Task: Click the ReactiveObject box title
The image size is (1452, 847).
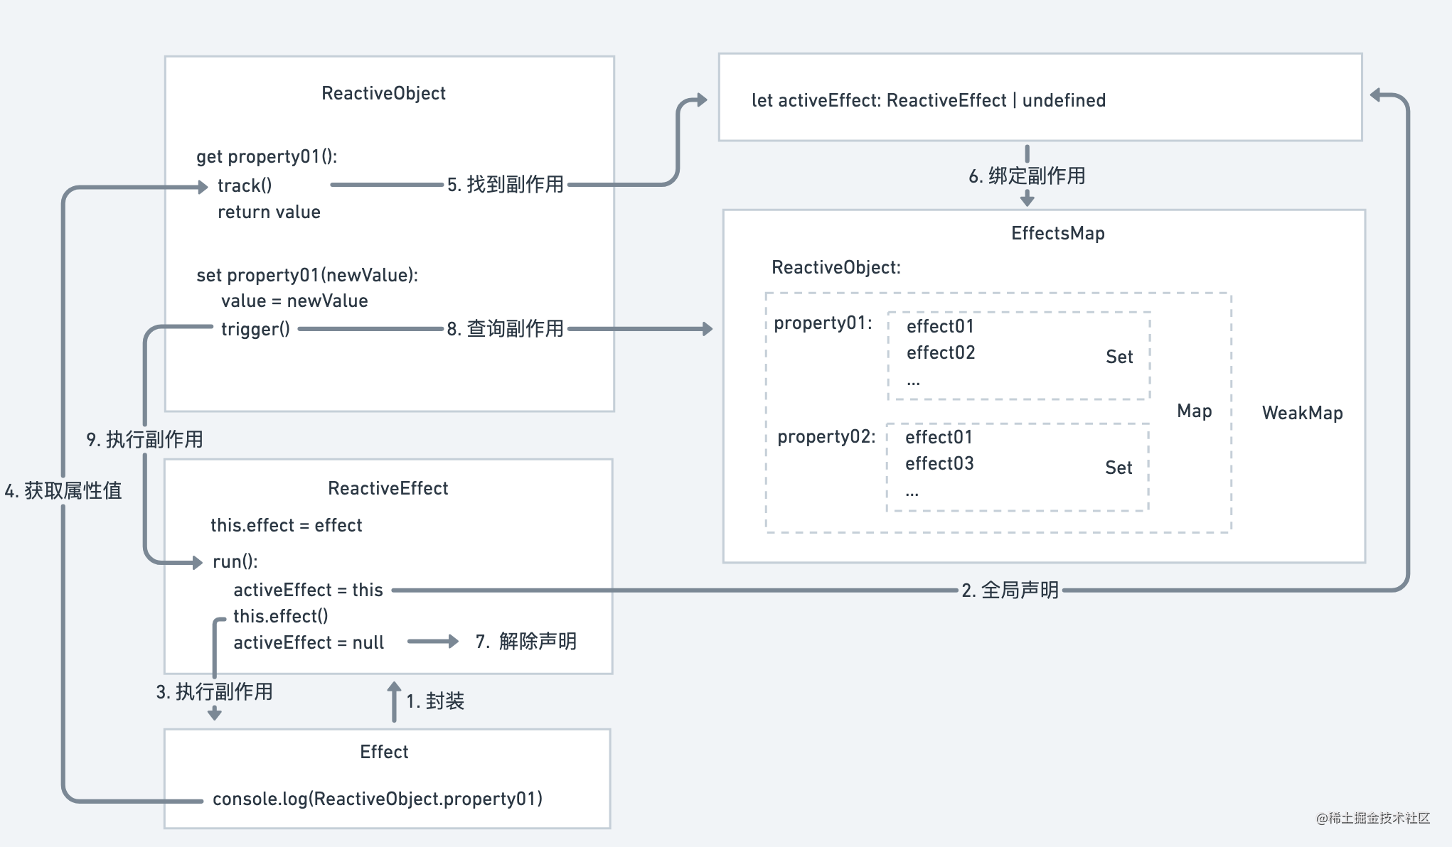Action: (x=383, y=93)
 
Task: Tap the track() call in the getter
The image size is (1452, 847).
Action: (x=245, y=185)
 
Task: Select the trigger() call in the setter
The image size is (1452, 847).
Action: (x=255, y=329)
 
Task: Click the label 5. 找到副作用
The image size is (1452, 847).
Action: (x=505, y=184)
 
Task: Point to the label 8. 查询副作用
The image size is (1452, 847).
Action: (x=505, y=328)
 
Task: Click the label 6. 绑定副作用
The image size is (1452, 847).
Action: (x=1027, y=176)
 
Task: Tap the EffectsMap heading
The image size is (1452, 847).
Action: (x=1057, y=233)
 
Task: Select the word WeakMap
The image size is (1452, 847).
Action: (x=1302, y=413)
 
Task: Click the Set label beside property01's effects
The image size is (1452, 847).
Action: (x=1119, y=357)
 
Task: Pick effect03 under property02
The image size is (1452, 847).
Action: (x=939, y=463)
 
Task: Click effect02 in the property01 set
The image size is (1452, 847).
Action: (x=940, y=352)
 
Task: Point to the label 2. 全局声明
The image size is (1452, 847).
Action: (x=1010, y=590)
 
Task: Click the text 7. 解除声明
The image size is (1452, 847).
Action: (x=525, y=641)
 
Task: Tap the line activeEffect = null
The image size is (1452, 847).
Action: (x=308, y=642)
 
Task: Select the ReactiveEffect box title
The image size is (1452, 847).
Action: (x=388, y=488)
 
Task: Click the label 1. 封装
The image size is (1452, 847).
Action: (x=434, y=701)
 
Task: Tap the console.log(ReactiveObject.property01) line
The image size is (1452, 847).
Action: (x=377, y=799)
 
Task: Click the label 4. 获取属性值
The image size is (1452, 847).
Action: (x=63, y=490)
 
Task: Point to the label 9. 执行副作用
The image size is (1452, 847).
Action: (x=144, y=439)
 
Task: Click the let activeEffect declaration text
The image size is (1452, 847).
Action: (x=928, y=100)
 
